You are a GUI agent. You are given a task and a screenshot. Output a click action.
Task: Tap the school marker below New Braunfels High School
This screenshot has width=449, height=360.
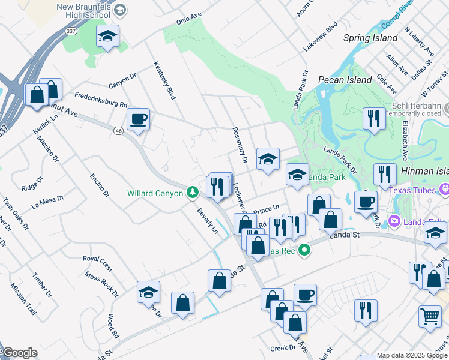(x=107, y=37)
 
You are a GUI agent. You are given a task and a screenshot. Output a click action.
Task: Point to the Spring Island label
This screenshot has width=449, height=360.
(x=370, y=38)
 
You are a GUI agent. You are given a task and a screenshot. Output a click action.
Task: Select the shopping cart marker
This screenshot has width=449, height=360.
(x=430, y=315)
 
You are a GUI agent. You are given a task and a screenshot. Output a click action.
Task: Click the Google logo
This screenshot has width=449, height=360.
(x=20, y=353)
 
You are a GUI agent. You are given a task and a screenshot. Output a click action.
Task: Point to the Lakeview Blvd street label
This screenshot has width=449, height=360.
(x=321, y=37)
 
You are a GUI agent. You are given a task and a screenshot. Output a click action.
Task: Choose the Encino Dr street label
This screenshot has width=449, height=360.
(x=100, y=185)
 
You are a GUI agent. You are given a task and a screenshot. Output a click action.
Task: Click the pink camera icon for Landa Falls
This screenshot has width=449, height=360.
(x=395, y=221)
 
